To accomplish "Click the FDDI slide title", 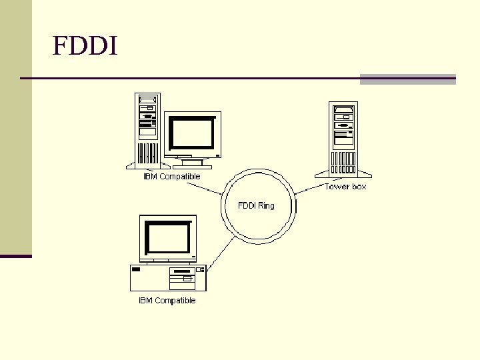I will (x=85, y=46).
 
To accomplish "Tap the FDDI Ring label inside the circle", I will (x=256, y=205).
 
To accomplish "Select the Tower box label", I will (x=345, y=187).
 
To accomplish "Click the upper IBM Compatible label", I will (x=171, y=177).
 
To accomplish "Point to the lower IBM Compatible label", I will (x=167, y=301).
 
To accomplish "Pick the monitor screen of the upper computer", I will (x=192, y=133).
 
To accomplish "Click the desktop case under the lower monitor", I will (x=168, y=277).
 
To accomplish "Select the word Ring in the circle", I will (x=266, y=205).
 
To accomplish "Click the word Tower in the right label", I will (x=337, y=187).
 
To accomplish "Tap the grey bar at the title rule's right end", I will (x=407, y=79).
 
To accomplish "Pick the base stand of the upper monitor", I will (x=192, y=162).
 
